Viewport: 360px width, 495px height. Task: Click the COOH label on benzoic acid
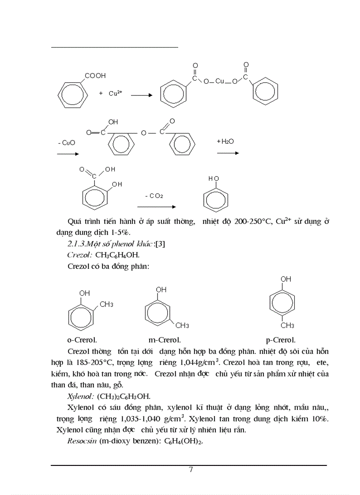point(95,76)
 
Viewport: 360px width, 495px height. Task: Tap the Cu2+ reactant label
point(115,93)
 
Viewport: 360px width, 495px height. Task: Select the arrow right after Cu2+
point(141,95)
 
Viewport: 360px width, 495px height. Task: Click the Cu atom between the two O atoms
point(220,81)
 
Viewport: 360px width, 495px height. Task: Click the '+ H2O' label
point(225,141)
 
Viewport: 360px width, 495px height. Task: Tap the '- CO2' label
point(154,196)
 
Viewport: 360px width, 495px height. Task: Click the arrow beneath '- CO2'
point(156,206)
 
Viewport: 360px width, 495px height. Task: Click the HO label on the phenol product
point(214,179)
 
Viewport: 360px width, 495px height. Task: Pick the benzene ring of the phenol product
point(216,201)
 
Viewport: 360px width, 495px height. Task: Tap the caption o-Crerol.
point(82,340)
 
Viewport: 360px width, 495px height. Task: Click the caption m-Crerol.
point(165,340)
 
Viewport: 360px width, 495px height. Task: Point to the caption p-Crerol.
point(281,340)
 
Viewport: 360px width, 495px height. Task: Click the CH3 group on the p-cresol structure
point(287,326)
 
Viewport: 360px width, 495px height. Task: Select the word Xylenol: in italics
point(80,396)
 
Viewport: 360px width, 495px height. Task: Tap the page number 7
point(191,469)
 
